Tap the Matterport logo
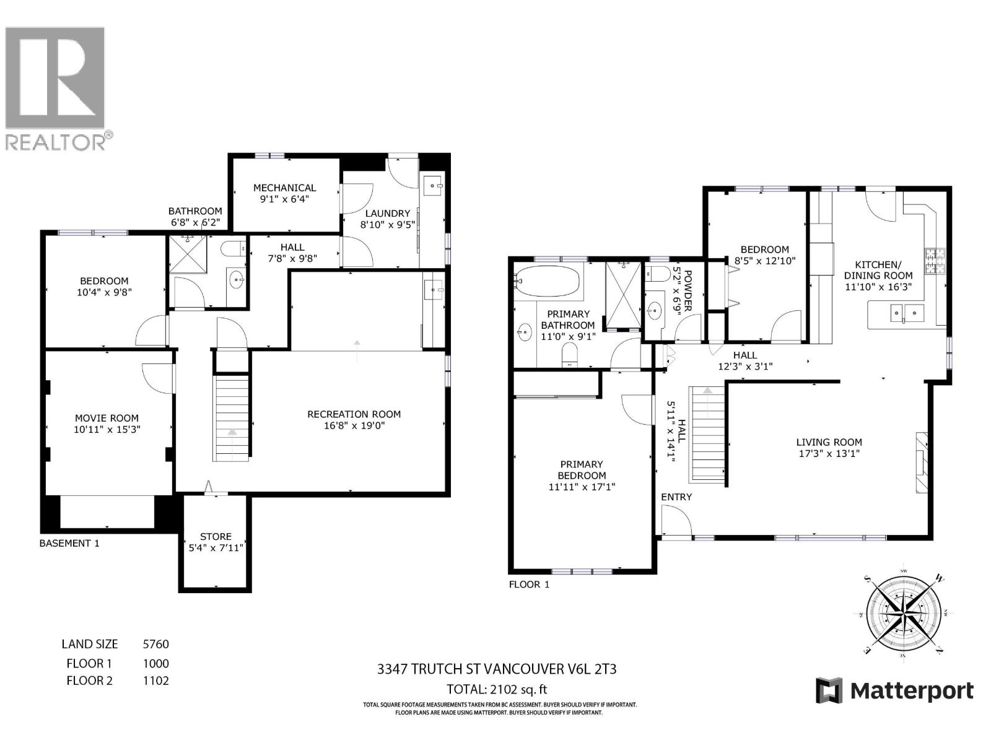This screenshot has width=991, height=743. (894, 690)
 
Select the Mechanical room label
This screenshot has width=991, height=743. (284, 188)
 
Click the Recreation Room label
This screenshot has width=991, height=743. (354, 414)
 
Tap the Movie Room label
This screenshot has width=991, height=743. (107, 418)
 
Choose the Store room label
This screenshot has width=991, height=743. (216, 536)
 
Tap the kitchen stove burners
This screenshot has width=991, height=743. (932, 261)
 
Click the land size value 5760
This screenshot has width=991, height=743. (155, 644)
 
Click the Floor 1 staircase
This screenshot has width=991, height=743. (707, 433)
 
